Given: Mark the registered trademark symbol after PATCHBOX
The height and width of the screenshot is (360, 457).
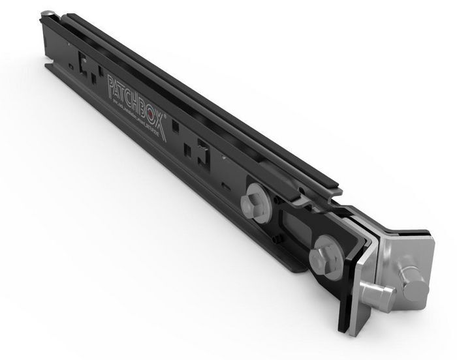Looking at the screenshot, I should pos(166,115).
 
